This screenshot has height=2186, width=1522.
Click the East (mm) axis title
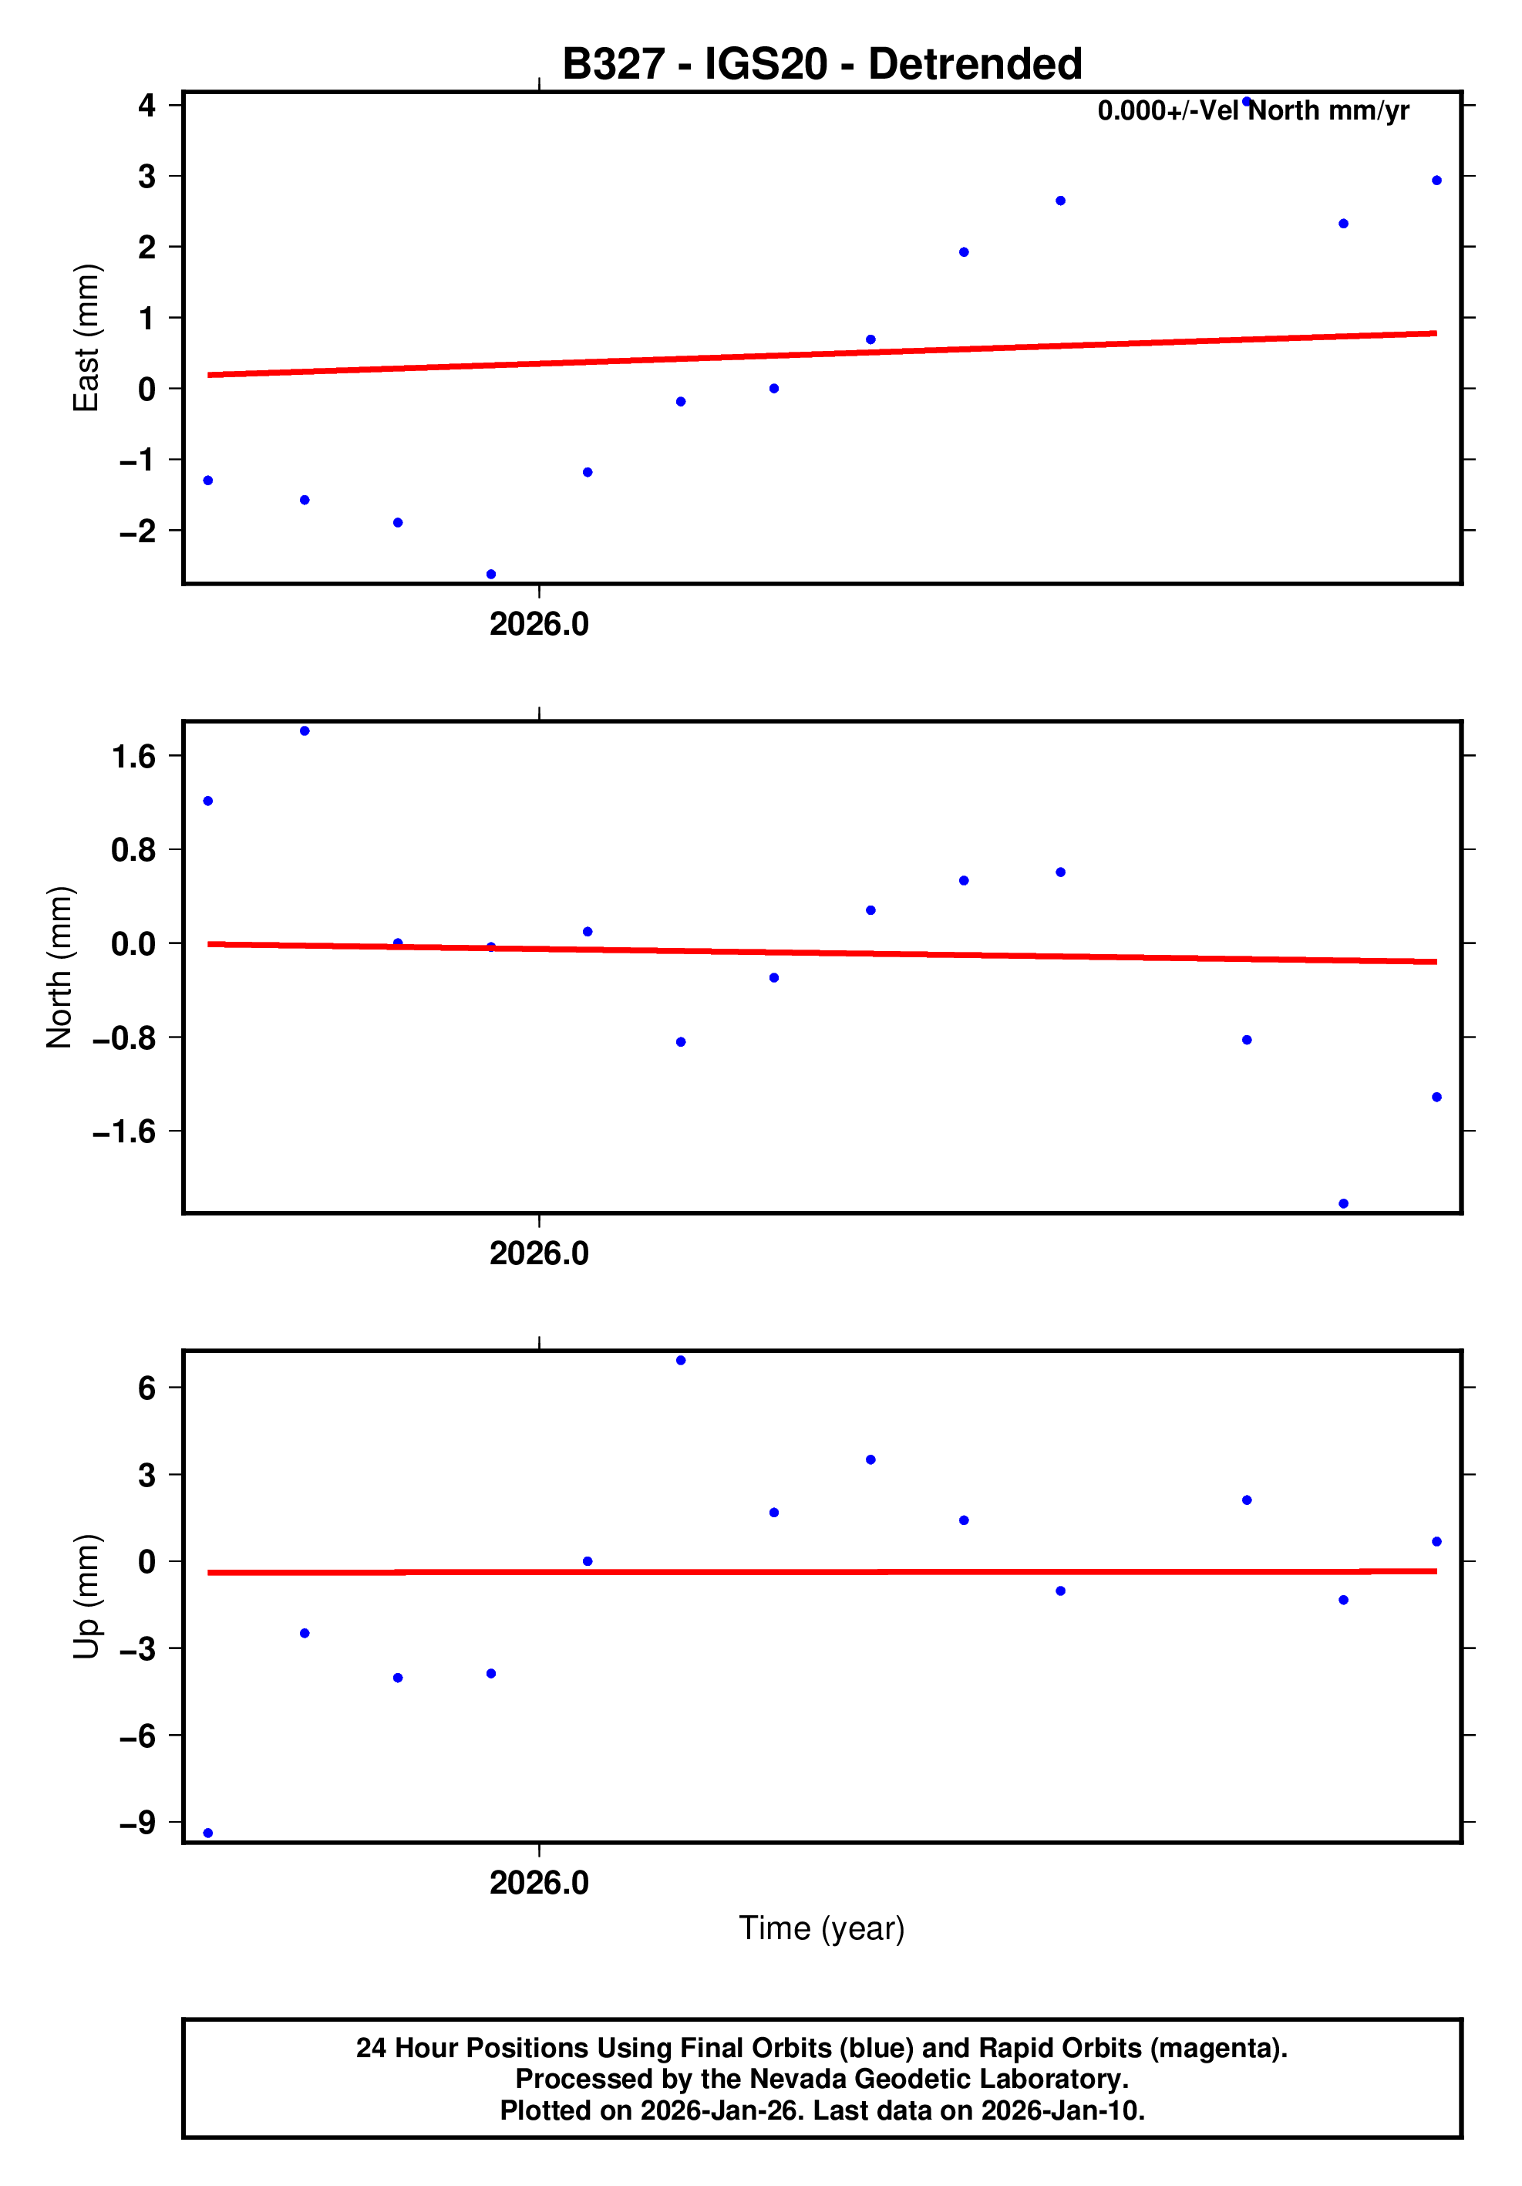[86, 338]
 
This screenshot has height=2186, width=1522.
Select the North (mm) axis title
[59, 966]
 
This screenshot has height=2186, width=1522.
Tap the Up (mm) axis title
[86, 1597]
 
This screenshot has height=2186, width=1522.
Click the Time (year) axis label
[821, 1928]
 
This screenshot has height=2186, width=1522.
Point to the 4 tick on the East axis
[146, 105]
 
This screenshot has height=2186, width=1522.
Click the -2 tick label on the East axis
[137, 531]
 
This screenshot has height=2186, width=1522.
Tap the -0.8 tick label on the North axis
[123, 1037]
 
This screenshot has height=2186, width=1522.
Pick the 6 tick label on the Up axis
[146, 1388]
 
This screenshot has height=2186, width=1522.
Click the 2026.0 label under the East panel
[539, 625]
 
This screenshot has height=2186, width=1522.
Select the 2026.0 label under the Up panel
[539, 1882]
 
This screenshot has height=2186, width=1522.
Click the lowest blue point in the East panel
[491, 574]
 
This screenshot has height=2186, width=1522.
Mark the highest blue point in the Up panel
[681, 1361]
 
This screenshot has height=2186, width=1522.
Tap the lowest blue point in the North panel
[1343, 1203]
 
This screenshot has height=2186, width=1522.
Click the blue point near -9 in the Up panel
[208, 1833]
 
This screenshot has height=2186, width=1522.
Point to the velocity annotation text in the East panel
[1253, 111]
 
